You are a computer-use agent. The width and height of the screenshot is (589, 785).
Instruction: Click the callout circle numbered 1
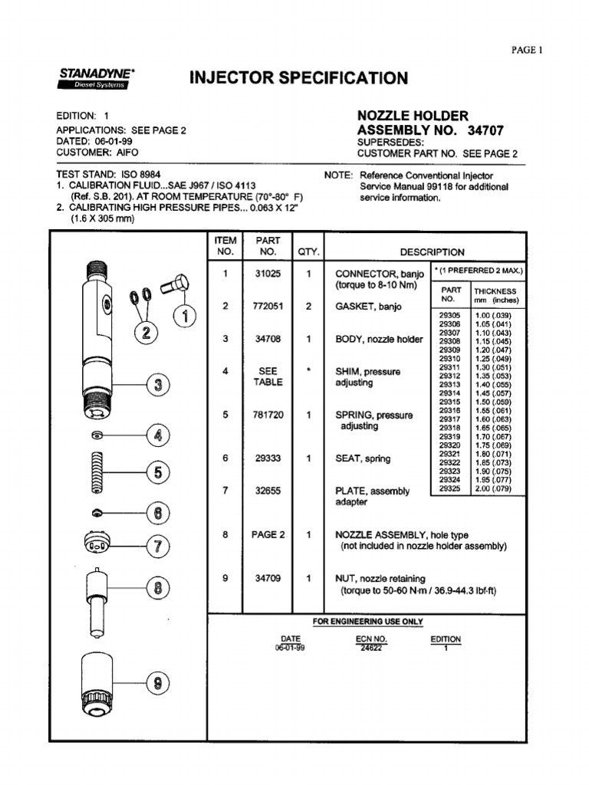(185, 315)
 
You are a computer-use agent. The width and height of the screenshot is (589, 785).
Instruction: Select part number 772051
(268, 306)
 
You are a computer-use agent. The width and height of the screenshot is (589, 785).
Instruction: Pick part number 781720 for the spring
(268, 415)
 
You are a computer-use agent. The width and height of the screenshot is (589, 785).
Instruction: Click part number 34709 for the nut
(268, 579)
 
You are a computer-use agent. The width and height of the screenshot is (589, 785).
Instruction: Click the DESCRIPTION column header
(432, 251)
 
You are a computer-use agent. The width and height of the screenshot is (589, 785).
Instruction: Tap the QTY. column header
(308, 251)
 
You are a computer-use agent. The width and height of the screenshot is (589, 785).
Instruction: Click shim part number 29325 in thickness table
(450, 488)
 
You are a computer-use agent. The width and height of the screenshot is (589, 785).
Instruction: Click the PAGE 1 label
(526, 51)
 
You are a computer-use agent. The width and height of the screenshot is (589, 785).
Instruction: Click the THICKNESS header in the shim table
(495, 291)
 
